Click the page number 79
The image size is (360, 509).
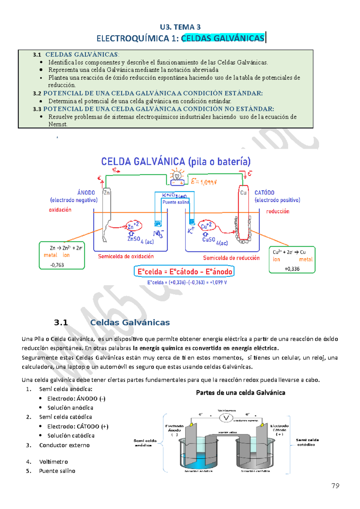(335, 486)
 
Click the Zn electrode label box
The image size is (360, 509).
(106, 192)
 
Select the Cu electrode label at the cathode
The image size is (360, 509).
(243, 192)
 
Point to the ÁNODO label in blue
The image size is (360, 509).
(86, 192)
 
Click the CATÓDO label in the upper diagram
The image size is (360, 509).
(264, 192)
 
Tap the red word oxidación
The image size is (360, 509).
(60, 210)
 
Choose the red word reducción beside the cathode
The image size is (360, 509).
(278, 211)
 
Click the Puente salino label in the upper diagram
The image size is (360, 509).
(175, 202)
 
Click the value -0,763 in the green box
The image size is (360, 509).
(57, 265)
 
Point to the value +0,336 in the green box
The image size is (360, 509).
(292, 269)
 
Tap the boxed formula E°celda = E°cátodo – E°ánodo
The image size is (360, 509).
(184, 272)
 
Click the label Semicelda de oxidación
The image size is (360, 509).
(126, 256)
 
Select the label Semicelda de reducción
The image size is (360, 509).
(231, 258)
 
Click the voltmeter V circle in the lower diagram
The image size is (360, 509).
(226, 418)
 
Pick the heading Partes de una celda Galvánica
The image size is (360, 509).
(241, 393)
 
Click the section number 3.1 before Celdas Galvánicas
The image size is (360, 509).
(61, 323)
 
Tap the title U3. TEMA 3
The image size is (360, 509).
(180, 27)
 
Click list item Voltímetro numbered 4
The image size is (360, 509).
(53, 462)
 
